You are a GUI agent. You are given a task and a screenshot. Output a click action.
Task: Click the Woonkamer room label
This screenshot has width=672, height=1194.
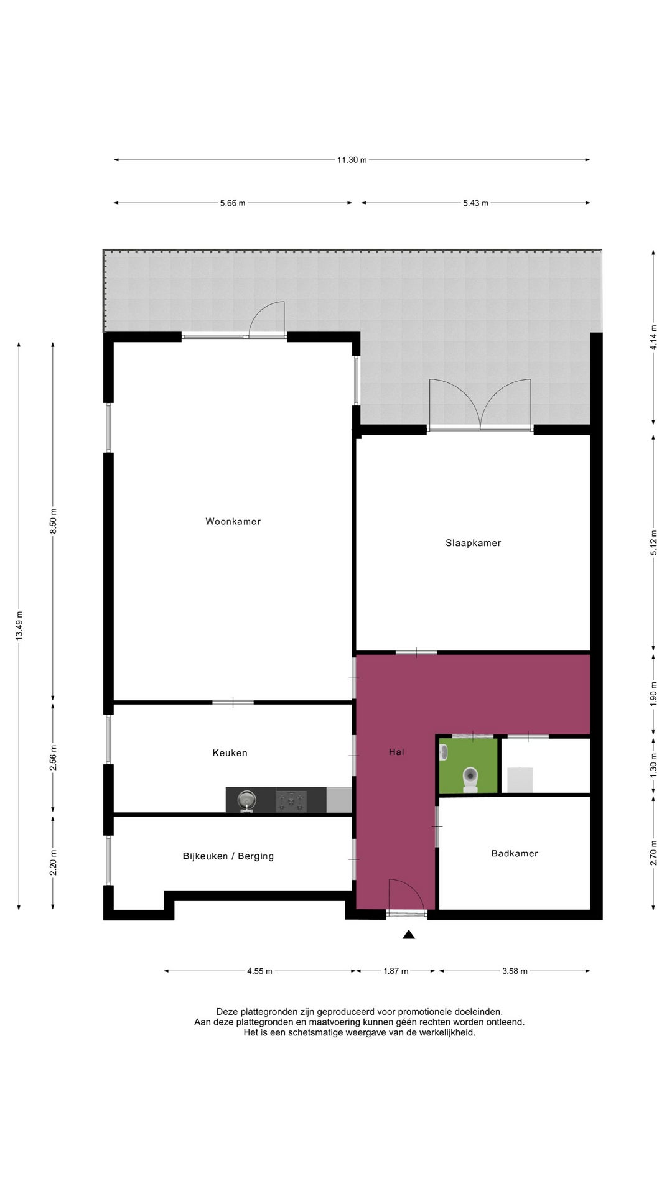click(x=233, y=521)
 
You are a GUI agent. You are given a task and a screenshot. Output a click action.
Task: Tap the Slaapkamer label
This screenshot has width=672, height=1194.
click(x=473, y=543)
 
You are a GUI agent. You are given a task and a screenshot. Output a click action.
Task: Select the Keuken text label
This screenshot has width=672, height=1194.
click(x=230, y=753)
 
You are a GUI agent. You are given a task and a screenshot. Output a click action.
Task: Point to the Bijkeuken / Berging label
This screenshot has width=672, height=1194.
click(x=228, y=856)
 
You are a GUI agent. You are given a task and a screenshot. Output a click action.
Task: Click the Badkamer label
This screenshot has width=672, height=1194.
click(x=515, y=854)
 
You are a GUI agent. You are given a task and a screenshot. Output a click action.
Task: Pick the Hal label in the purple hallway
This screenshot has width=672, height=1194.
click(x=396, y=752)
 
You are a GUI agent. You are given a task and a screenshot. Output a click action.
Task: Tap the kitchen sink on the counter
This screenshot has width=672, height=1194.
click(x=247, y=800)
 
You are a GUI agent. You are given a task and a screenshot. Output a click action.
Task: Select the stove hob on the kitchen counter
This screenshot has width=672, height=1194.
click(x=291, y=800)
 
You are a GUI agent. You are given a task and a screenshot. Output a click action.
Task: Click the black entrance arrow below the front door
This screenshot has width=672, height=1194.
click(x=408, y=934)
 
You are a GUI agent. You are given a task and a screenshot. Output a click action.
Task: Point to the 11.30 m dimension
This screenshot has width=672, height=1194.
click(x=352, y=160)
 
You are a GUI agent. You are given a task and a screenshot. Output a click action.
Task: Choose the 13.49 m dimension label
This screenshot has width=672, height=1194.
click(x=19, y=626)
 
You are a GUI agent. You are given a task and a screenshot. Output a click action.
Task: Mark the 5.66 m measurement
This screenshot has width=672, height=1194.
click(x=233, y=203)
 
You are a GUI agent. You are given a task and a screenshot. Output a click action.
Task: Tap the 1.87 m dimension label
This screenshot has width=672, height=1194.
click(x=396, y=971)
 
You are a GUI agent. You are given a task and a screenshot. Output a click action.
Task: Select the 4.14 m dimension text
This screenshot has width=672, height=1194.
click(x=653, y=338)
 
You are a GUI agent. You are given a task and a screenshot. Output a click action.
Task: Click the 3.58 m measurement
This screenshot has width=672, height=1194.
click(x=515, y=971)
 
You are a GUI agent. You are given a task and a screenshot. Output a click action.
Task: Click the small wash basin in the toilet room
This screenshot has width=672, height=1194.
click(x=444, y=752)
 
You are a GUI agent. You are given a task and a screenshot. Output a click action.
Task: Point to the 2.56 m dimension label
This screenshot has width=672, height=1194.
click(x=53, y=757)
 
